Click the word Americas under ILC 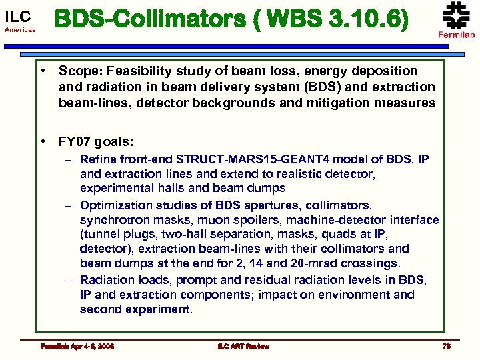coord(20,30)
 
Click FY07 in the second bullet coord(75,141)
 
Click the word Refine coord(98,159)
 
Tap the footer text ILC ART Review coord(243,346)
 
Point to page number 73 coord(446,346)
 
